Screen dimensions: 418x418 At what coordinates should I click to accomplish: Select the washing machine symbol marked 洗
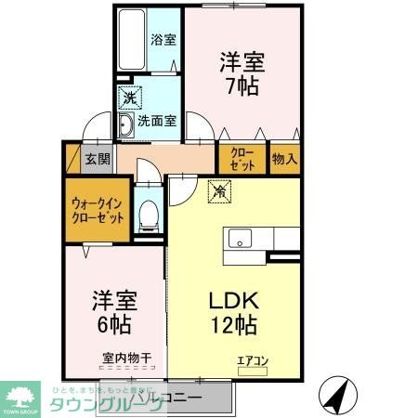tap(124, 97)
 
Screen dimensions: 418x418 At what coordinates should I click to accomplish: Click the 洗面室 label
tap(157, 121)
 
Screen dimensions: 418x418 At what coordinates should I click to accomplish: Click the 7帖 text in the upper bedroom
tap(242, 86)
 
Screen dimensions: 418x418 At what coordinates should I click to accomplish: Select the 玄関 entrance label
tap(97, 158)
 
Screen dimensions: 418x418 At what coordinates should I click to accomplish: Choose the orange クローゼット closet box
tap(242, 158)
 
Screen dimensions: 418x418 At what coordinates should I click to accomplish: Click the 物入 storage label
tap(284, 158)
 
